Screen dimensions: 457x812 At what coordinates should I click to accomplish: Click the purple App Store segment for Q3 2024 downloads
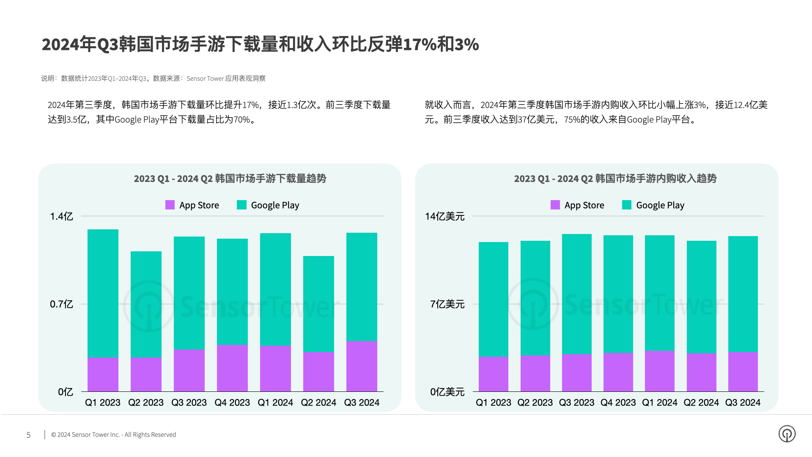pyautogui.click(x=362, y=366)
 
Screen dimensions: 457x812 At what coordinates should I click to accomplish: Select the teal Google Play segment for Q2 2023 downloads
pyautogui.click(x=146, y=305)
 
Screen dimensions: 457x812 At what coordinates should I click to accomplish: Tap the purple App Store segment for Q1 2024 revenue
pyautogui.click(x=659, y=371)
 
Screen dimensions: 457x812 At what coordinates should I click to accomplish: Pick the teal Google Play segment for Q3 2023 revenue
pyautogui.click(x=576, y=294)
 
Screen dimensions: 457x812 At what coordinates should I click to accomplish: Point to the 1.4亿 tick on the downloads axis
pyautogui.click(x=61, y=217)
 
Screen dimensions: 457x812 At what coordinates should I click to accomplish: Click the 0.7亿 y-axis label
pyautogui.click(x=61, y=304)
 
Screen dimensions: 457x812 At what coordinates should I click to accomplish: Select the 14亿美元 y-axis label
pyautogui.click(x=444, y=217)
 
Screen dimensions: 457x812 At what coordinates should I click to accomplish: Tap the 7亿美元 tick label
pyautogui.click(x=447, y=304)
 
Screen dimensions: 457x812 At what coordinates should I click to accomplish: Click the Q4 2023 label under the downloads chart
pyautogui.click(x=232, y=402)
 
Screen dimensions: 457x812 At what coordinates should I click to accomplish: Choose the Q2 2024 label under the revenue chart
pyautogui.click(x=701, y=402)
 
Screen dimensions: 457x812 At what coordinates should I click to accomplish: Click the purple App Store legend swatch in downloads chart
pyautogui.click(x=170, y=205)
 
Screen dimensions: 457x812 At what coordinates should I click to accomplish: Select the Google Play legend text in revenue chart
pyautogui.click(x=660, y=205)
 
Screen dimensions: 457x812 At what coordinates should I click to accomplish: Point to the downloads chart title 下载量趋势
pyautogui.click(x=230, y=179)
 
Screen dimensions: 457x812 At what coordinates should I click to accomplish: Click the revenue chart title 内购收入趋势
pyautogui.click(x=615, y=179)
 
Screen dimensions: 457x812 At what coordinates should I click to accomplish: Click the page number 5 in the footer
pyautogui.click(x=29, y=435)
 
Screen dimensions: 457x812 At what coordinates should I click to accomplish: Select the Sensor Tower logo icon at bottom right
pyautogui.click(x=787, y=434)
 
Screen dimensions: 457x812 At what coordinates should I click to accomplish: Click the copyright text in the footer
pyautogui.click(x=113, y=435)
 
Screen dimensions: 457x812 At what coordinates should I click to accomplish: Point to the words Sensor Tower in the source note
pyautogui.click(x=205, y=79)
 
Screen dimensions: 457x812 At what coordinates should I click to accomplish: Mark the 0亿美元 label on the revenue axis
pyautogui.click(x=447, y=392)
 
